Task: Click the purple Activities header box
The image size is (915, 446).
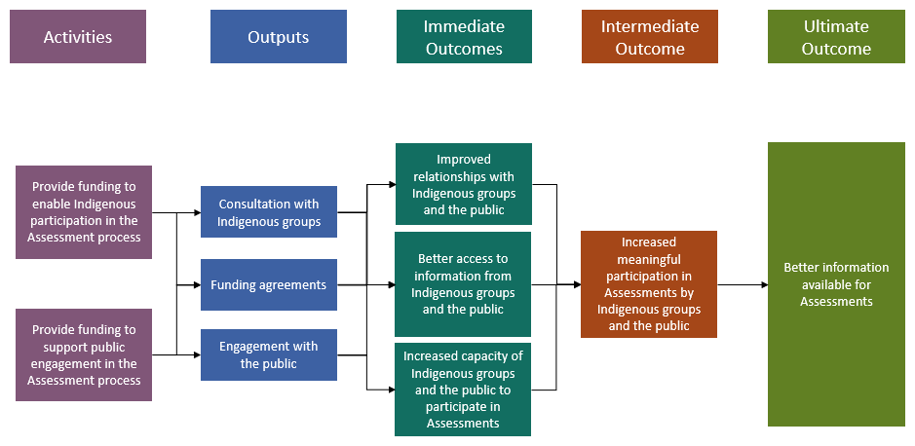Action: click(x=78, y=37)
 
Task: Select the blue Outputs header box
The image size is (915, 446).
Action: click(x=278, y=37)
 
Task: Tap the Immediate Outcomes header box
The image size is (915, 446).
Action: click(x=464, y=37)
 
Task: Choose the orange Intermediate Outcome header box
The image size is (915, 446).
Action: click(x=649, y=37)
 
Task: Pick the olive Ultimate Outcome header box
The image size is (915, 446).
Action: click(x=836, y=37)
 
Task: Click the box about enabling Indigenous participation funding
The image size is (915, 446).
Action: click(x=84, y=211)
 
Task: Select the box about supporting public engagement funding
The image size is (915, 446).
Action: click(x=84, y=355)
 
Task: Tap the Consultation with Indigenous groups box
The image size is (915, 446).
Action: click(x=269, y=212)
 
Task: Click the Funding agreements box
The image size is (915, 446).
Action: click(x=269, y=284)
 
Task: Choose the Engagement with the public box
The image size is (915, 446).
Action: click(x=269, y=355)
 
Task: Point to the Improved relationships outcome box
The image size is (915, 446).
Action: click(x=464, y=184)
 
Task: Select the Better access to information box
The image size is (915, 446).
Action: click(x=464, y=284)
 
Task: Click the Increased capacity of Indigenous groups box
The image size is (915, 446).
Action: click(x=464, y=390)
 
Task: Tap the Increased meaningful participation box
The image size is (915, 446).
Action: click(x=649, y=284)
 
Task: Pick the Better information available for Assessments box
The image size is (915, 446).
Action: click(x=836, y=284)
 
